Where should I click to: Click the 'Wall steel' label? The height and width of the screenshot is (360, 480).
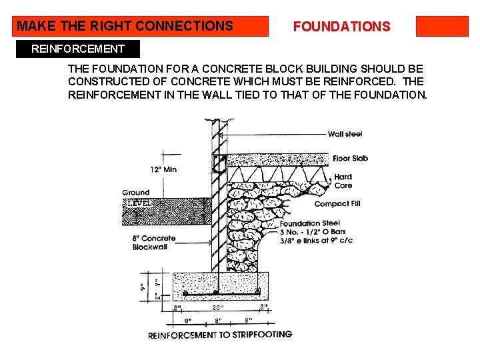345,134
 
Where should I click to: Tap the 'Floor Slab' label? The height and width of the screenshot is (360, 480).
350,159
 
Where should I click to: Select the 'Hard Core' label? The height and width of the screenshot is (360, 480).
343,181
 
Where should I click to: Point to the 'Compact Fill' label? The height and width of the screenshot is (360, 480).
337,204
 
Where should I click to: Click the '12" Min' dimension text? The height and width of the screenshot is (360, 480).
163,169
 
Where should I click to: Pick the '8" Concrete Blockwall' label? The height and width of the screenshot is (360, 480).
154,243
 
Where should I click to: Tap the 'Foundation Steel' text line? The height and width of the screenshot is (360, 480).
310,223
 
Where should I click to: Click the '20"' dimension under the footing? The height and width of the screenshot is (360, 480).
217,308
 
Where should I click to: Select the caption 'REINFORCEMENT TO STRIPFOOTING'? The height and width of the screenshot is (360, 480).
220,335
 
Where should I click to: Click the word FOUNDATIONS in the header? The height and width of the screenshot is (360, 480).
341,27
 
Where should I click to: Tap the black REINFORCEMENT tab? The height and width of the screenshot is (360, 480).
78,49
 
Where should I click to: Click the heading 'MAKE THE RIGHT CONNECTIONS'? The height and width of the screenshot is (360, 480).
125,26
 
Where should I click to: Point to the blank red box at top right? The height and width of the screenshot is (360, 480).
442,26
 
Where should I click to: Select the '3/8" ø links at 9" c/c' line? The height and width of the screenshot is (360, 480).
316,241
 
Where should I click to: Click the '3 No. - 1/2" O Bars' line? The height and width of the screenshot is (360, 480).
313,232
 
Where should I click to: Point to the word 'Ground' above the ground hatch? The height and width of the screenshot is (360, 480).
136,193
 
